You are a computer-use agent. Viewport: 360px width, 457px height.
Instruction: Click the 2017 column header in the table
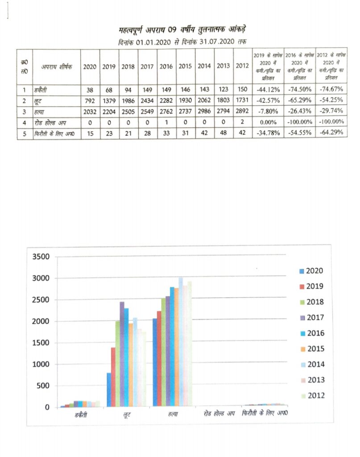tap(147, 66)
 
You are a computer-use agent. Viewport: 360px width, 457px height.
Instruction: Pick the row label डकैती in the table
tap(41, 90)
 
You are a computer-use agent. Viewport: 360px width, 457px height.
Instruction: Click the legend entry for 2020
tap(311, 271)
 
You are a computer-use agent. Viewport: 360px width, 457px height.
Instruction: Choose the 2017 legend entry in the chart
tap(311, 318)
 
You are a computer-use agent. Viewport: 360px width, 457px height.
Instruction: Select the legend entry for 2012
tap(311, 396)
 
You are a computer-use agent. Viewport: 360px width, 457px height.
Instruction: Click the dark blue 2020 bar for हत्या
tap(155, 362)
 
